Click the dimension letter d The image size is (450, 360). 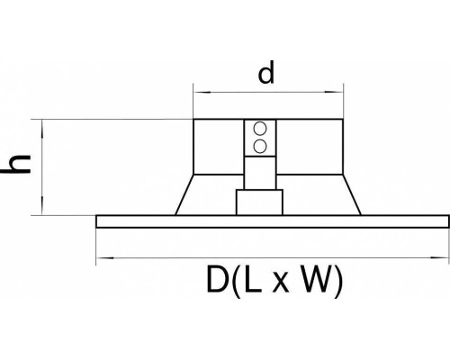click(x=266, y=72)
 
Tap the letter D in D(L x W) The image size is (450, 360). click(x=216, y=279)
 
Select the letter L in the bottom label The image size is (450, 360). click(x=252, y=279)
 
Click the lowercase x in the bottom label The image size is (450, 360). click(x=281, y=283)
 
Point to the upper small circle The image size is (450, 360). click(x=260, y=129)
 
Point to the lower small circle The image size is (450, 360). click(x=260, y=146)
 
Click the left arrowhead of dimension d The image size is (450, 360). click(x=199, y=92)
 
